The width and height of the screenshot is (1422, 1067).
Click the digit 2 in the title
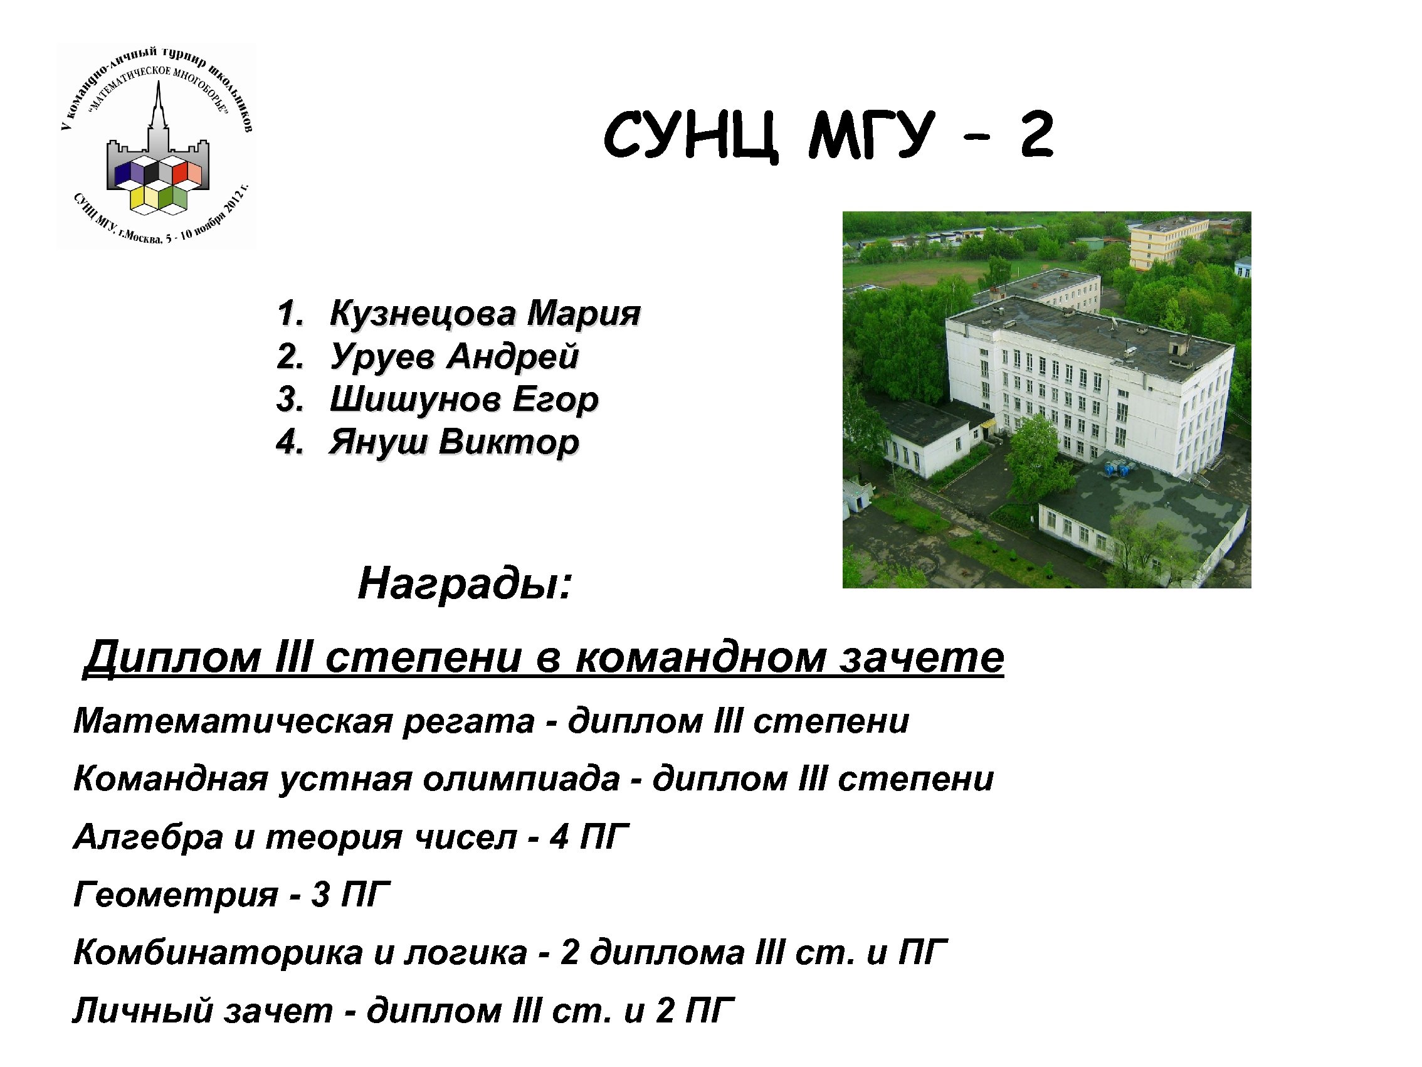tap(1036, 135)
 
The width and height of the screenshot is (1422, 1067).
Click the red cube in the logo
tap(181, 173)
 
